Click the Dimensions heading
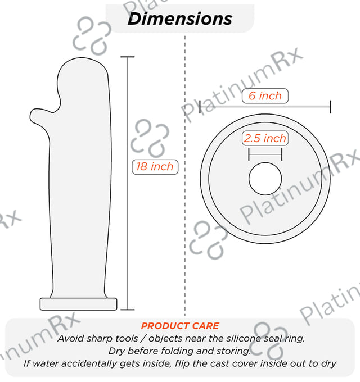[180, 19]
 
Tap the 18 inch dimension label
[155, 167]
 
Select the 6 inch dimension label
[265, 95]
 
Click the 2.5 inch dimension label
[265, 138]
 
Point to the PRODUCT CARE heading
[180, 326]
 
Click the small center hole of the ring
[265, 179]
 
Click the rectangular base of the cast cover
[79, 304]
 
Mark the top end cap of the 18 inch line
[128, 57]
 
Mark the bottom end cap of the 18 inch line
[128, 310]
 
